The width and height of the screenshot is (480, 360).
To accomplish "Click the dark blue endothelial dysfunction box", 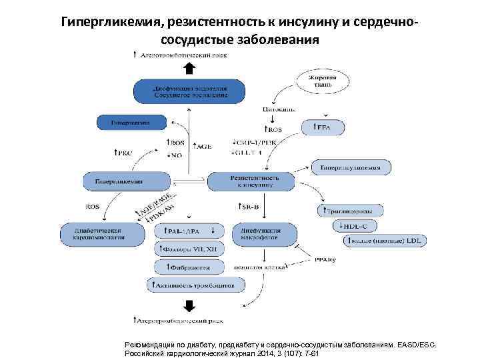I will coord(189,91).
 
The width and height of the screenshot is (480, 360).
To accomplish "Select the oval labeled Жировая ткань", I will coord(317,81).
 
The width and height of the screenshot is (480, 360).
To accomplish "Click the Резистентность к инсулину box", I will coord(251,180).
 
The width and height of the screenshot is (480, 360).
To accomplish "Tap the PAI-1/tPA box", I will coord(189,231).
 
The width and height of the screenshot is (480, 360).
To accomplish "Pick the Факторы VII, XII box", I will coord(189,249).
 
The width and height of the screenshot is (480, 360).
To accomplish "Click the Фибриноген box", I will coord(189,267).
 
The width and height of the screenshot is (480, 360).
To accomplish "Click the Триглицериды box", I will coord(349,211).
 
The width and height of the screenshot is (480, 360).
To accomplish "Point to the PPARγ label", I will coord(325,261).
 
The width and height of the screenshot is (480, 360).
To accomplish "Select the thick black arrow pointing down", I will coord(189,305).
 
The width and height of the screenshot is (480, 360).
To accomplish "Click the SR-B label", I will coord(249,207).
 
